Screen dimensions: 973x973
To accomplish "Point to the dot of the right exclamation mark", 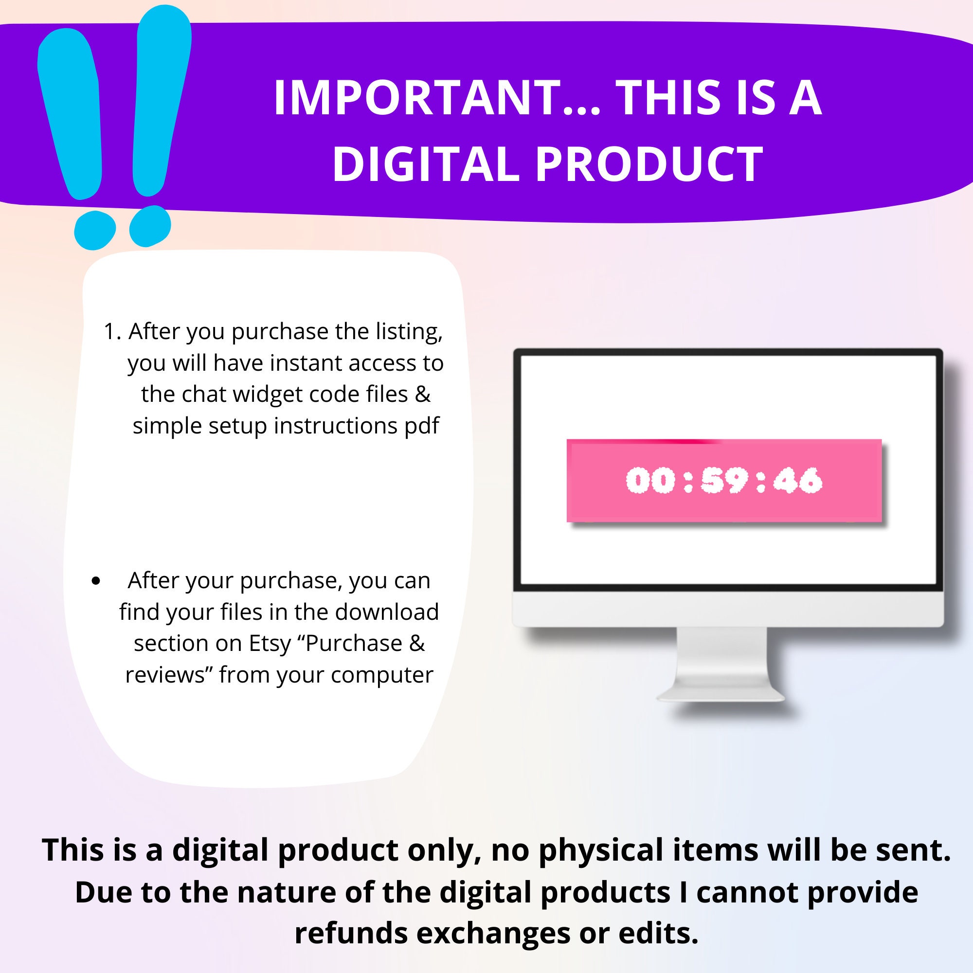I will click(150, 226).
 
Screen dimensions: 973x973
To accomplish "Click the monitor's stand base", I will click(721, 696).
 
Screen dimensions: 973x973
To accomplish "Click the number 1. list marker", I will click(112, 332).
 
